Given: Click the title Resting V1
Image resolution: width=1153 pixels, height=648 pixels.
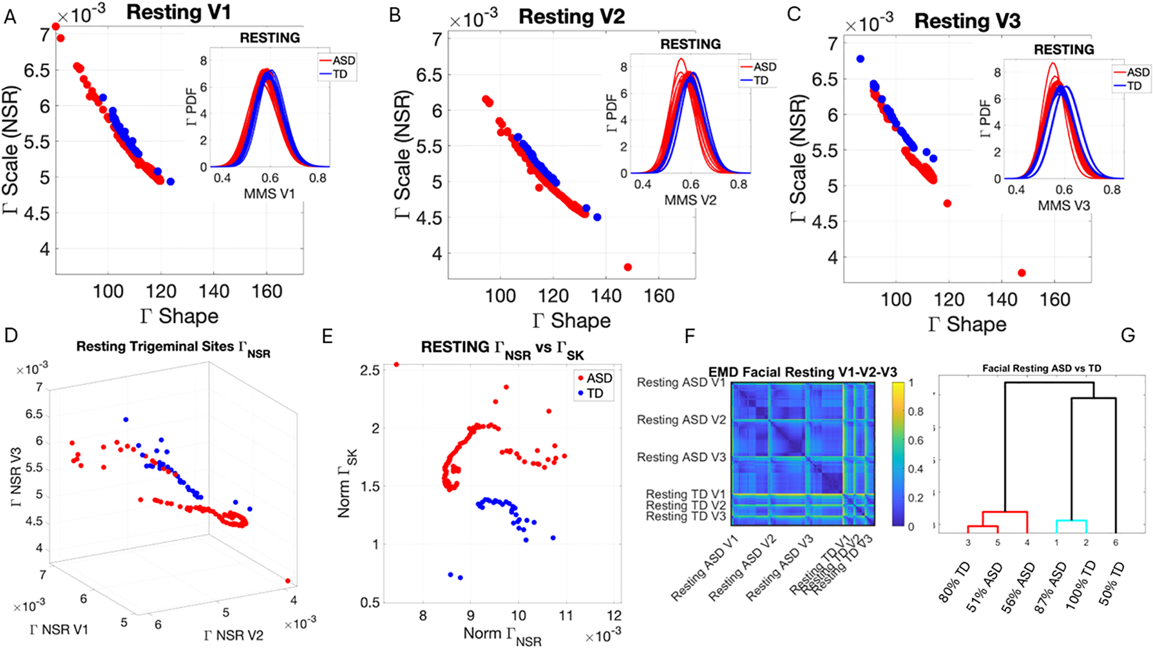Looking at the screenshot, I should pyautogui.click(x=178, y=12).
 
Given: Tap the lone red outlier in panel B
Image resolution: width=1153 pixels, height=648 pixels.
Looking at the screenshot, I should pyautogui.click(x=628, y=267).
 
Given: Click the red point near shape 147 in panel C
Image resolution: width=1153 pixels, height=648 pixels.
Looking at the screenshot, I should pyautogui.click(x=1022, y=273).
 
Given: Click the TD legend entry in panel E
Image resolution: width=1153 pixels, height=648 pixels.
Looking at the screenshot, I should pyautogui.click(x=595, y=394).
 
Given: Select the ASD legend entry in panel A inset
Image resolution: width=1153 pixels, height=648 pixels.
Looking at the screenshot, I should pyautogui.click(x=343, y=60).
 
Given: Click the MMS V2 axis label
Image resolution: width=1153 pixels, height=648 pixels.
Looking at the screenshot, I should pyautogui.click(x=690, y=201).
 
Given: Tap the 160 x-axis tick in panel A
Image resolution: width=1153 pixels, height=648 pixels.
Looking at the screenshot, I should pyautogui.click(x=267, y=291).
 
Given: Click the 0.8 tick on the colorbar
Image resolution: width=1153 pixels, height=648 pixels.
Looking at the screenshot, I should pyautogui.click(x=915, y=412).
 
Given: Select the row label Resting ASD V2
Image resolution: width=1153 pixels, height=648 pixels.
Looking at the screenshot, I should pyautogui.click(x=681, y=420).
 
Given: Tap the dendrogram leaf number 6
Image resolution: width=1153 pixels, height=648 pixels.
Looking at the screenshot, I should pyautogui.click(x=1115, y=542).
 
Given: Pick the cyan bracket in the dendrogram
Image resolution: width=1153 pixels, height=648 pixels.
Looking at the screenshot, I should pyautogui.click(x=1071, y=521).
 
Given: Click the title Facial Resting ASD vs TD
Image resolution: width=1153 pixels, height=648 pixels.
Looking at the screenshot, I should pyautogui.click(x=1041, y=368).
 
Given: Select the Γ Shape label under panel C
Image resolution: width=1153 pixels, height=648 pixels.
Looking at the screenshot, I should pyautogui.click(x=967, y=324).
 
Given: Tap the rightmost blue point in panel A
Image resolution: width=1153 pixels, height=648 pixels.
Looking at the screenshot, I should pyautogui.click(x=170, y=182).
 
